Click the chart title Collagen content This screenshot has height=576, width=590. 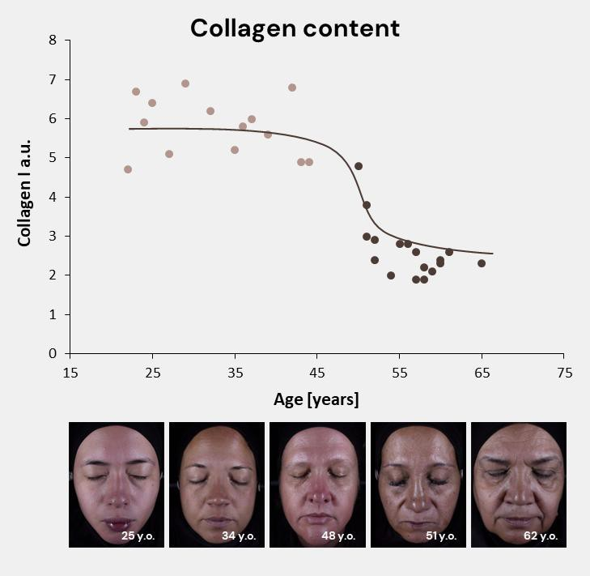click(x=295, y=28)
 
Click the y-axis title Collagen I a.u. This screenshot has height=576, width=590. click(x=25, y=196)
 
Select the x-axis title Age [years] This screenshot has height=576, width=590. click(x=316, y=399)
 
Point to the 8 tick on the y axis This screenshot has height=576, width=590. click(x=53, y=40)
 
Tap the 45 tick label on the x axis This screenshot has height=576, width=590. click(x=316, y=373)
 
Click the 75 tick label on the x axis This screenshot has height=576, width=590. click(x=564, y=373)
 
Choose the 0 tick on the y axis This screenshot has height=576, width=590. click(x=53, y=353)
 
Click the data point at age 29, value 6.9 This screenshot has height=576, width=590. click(x=185, y=83)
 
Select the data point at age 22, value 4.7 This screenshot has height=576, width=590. click(x=128, y=169)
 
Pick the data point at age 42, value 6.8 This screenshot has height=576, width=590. click(x=292, y=87)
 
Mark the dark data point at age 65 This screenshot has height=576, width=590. click(x=482, y=263)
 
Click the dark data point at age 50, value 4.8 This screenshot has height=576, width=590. click(x=359, y=166)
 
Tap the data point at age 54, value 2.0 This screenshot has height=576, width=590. click(x=391, y=275)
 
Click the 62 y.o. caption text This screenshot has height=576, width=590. click(x=540, y=536)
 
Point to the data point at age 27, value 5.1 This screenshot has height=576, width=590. click(x=169, y=154)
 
